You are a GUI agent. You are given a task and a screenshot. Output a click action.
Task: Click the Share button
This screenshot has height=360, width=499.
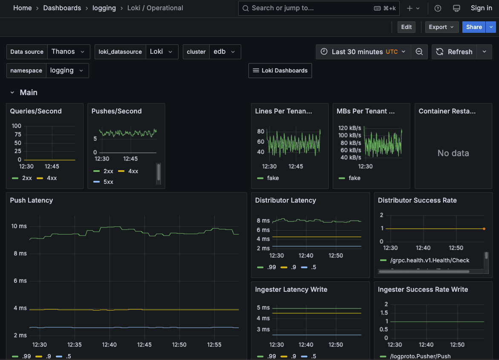point(473,27)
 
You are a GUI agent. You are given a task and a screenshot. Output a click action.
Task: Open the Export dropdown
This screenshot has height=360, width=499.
point(441,27)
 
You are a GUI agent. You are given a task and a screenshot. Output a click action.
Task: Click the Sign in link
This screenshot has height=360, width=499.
point(481,8)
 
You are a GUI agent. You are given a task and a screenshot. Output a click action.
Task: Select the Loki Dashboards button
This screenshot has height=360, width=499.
point(280,70)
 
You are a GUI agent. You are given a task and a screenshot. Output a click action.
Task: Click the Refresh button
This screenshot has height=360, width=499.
point(454,52)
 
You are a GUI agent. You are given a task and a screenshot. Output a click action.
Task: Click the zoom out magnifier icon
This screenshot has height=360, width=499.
point(419,52)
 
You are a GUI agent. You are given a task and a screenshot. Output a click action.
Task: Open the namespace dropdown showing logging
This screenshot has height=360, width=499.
point(67,70)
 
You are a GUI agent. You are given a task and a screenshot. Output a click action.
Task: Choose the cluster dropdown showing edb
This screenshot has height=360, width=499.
point(225,52)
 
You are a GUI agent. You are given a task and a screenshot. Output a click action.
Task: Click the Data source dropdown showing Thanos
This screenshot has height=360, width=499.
point(68,52)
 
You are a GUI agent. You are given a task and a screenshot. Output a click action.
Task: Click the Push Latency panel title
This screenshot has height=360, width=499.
point(32,200)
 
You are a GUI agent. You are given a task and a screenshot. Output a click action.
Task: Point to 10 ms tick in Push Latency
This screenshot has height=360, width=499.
point(19,226)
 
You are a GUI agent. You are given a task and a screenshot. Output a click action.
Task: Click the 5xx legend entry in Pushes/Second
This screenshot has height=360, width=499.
point(108,182)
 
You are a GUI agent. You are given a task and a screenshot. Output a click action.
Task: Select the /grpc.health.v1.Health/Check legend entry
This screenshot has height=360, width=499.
point(430,260)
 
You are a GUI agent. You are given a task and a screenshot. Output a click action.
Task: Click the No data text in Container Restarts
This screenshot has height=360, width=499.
point(453,153)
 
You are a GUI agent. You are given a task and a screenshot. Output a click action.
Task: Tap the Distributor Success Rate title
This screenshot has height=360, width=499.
point(417,200)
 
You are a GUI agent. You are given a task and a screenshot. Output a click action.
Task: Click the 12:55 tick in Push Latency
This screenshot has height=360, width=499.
point(214,345)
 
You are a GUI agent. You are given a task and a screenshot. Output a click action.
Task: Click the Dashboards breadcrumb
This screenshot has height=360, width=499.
point(62,8)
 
